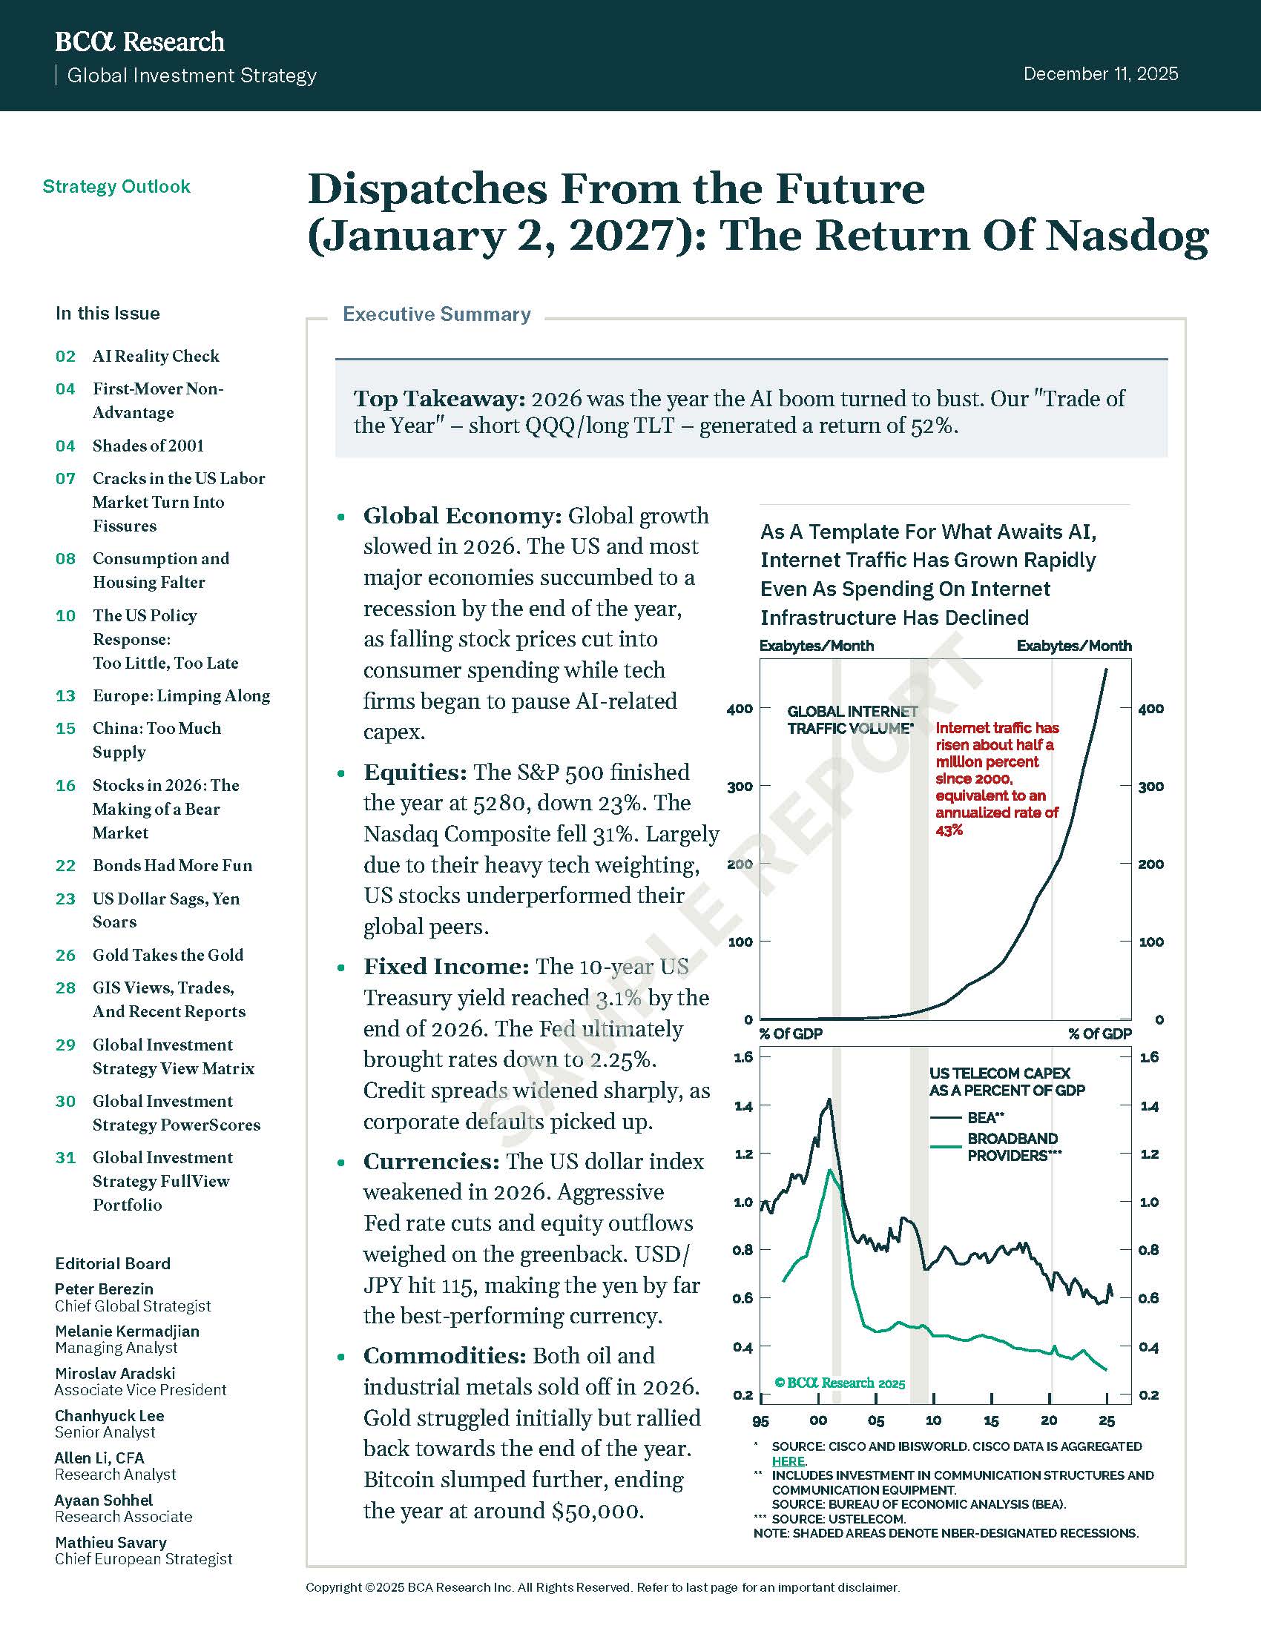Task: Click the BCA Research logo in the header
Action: (139, 42)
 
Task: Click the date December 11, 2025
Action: (1100, 74)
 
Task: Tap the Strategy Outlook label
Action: (116, 186)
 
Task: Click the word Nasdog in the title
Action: (1127, 235)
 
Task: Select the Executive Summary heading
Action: (436, 314)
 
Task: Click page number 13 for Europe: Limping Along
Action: (66, 695)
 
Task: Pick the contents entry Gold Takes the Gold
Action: (168, 954)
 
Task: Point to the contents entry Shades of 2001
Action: (148, 446)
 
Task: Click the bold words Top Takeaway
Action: (439, 399)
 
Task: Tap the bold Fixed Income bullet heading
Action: (446, 966)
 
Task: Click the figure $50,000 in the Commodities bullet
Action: (596, 1511)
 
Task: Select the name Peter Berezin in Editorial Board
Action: (104, 1288)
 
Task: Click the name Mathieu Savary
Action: (111, 1542)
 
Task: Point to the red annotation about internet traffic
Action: (996, 778)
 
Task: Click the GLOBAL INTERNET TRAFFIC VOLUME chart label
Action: (852, 720)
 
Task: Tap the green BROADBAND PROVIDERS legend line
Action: (945, 1146)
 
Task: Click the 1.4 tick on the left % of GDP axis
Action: (743, 1106)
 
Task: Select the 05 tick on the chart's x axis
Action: (875, 1420)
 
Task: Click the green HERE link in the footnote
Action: (787, 1460)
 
